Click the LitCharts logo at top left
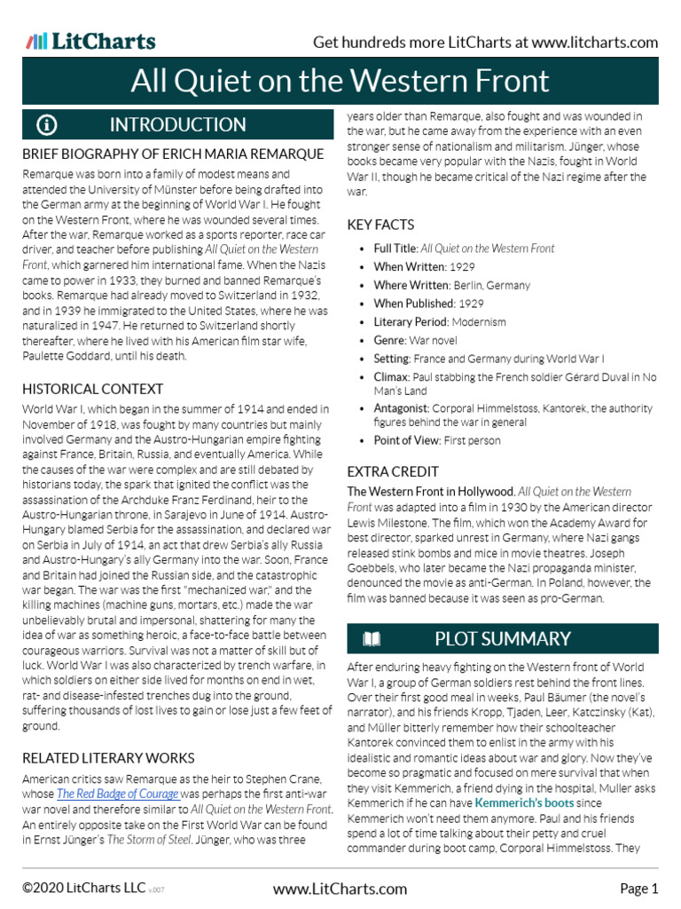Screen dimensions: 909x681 (x=90, y=42)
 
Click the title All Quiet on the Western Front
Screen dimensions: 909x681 (x=340, y=81)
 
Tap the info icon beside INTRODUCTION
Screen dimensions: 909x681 (x=47, y=125)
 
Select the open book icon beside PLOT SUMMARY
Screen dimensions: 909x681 (x=372, y=639)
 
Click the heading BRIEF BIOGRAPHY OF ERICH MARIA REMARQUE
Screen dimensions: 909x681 (x=173, y=154)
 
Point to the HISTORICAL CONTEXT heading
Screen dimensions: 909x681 (x=93, y=389)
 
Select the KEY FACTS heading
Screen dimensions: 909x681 (x=380, y=225)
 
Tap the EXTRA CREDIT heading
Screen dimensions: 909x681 (x=393, y=471)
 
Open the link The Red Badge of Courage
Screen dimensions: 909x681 (x=118, y=794)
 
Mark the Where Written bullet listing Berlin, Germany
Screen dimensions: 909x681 (x=451, y=286)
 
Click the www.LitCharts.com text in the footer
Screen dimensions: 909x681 (x=340, y=889)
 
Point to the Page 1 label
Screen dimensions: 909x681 (x=638, y=889)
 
